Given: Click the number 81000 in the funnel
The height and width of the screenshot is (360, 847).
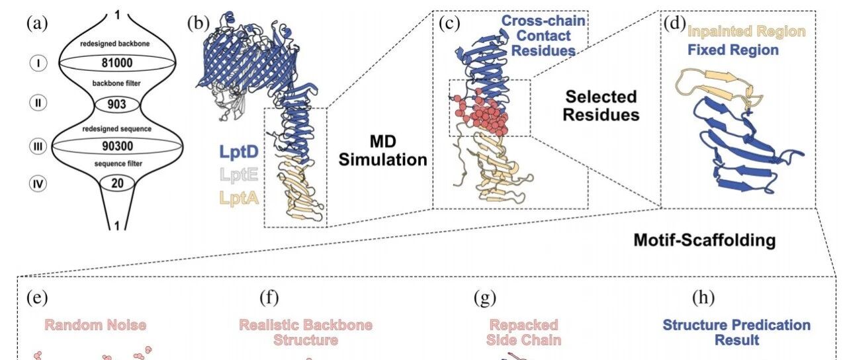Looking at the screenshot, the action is [x=117, y=63].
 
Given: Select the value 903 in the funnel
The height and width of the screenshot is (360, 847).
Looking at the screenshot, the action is [x=116, y=104].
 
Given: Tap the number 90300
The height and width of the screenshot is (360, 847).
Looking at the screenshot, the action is [x=118, y=146].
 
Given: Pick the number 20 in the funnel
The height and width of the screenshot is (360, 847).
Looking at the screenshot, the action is [x=117, y=183].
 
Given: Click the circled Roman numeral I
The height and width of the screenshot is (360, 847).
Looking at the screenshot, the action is [x=38, y=63].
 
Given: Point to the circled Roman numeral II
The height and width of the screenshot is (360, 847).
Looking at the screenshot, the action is [x=38, y=103].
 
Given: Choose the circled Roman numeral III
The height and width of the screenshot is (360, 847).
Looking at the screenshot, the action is [x=38, y=146].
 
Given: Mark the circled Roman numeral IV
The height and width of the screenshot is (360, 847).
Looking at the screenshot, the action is [x=38, y=184].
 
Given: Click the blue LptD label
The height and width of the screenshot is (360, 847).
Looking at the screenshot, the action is [x=239, y=152].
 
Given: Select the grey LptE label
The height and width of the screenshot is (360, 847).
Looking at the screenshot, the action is [x=239, y=175].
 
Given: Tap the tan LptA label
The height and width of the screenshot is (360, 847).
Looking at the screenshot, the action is [x=239, y=198].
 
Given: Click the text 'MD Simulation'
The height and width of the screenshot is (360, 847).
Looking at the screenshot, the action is [x=382, y=150].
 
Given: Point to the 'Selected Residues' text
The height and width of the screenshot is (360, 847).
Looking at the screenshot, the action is [x=601, y=106].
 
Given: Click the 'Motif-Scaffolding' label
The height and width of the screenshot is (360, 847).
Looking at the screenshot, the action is [x=705, y=240].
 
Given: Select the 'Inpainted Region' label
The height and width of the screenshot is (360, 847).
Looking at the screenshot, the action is [x=746, y=31].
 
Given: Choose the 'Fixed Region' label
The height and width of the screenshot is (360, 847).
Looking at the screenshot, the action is [x=733, y=50].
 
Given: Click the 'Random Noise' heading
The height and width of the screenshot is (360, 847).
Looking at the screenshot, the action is [x=95, y=325].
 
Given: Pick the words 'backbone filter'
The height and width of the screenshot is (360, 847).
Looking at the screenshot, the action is [x=116, y=83].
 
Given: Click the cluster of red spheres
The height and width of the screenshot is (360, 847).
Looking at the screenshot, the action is [x=481, y=113].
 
